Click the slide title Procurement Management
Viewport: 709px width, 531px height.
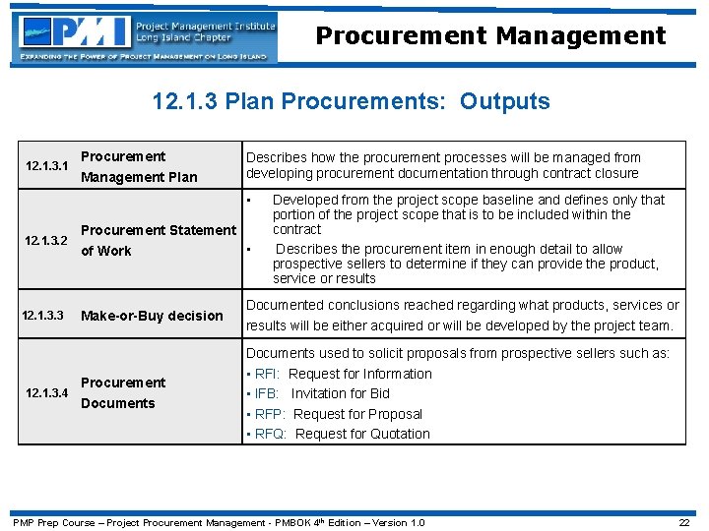490,36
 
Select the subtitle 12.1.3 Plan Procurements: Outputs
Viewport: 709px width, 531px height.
352,101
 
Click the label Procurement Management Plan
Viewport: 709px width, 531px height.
139,167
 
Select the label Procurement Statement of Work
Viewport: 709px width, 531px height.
159,240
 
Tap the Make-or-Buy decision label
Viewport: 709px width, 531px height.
152,316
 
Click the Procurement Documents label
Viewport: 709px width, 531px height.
123,392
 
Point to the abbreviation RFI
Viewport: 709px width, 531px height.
267,374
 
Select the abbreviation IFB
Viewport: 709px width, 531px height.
267,393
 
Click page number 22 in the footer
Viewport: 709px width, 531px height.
683,522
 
